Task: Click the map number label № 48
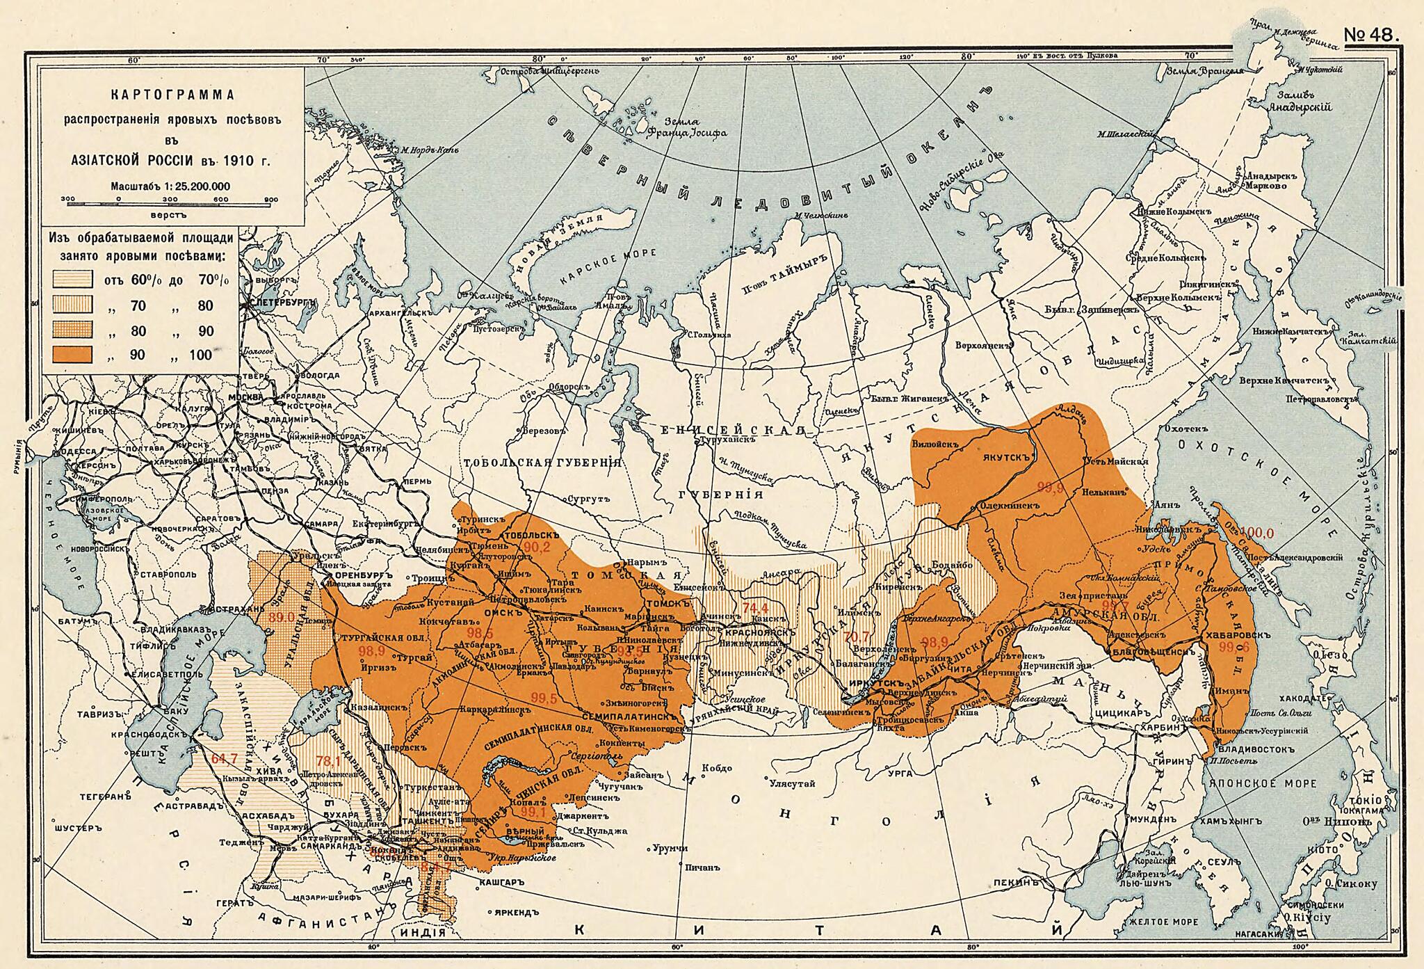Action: click(1370, 35)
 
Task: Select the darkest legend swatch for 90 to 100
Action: click(72, 354)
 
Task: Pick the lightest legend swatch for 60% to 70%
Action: click(72, 280)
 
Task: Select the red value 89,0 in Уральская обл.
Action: click(281, 616)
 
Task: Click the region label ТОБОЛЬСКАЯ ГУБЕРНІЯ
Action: click(542, 463)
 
